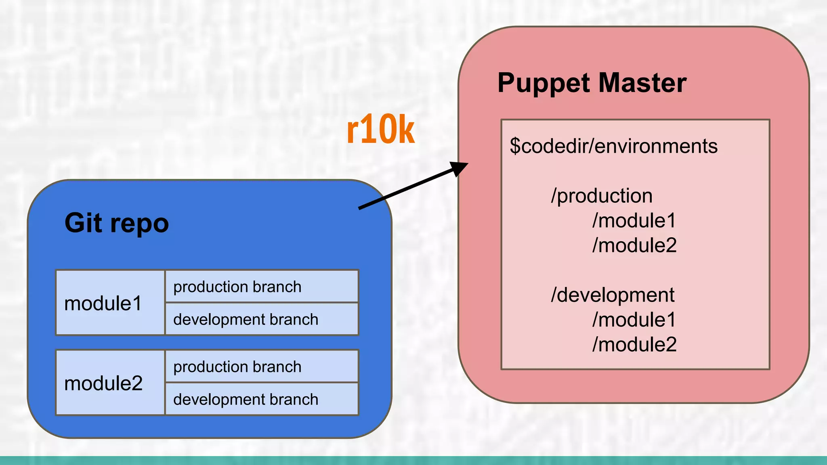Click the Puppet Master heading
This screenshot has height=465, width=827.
592,83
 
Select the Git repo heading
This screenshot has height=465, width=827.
116,223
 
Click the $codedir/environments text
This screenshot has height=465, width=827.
613,146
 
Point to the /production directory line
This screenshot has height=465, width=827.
602,196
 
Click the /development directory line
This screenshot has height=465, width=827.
613,295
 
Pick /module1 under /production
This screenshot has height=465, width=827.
634,221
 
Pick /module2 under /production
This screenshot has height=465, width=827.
634,245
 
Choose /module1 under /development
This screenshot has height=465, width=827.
634,320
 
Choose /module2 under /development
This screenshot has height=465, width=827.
634,345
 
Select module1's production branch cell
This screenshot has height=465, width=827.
262,287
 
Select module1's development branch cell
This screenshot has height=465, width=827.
262,319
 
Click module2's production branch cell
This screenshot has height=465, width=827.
262,367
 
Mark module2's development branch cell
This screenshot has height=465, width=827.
262,399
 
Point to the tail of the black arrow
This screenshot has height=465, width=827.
360,208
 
